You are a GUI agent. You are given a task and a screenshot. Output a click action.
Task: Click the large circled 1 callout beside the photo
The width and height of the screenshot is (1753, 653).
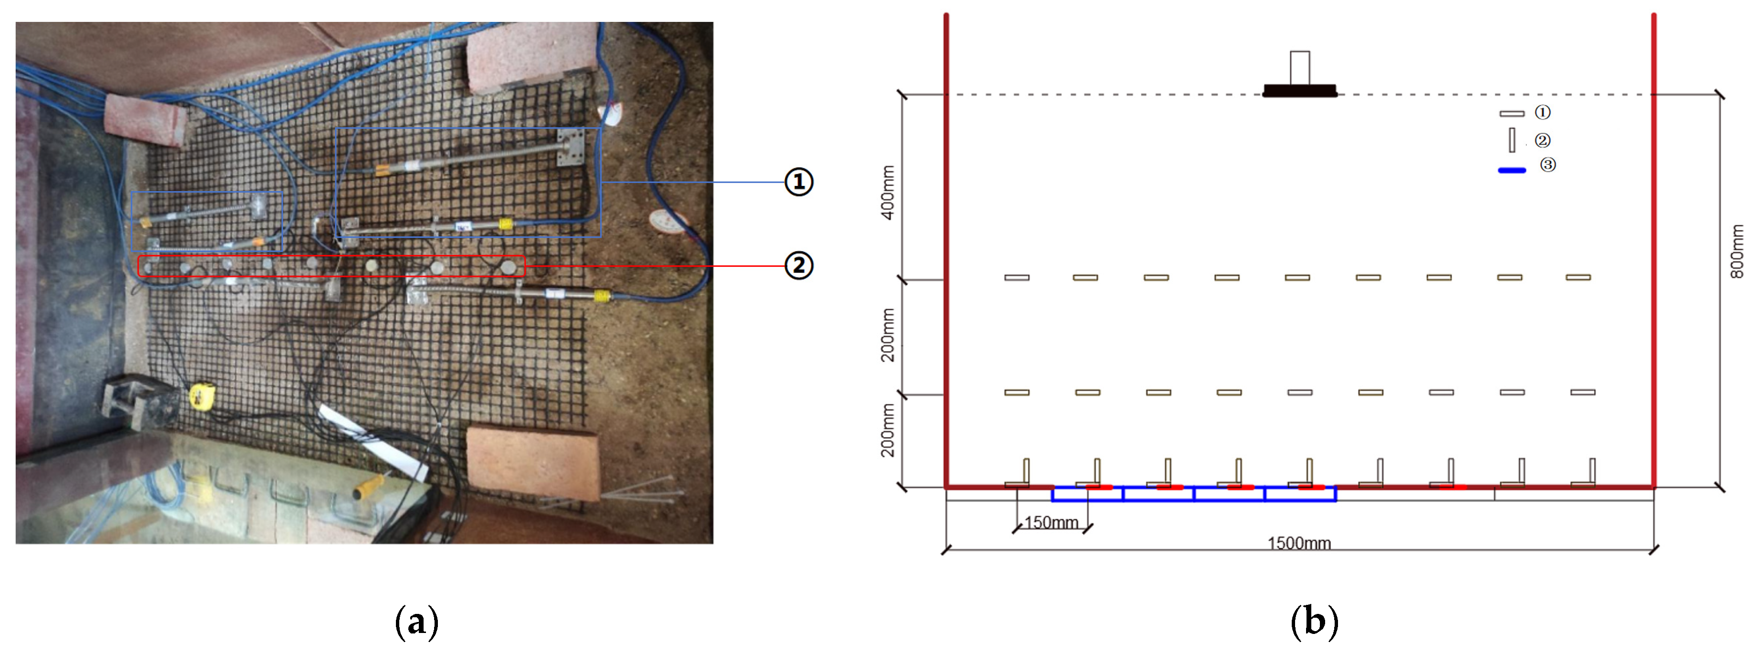pyautogui.click(x=799, y=182)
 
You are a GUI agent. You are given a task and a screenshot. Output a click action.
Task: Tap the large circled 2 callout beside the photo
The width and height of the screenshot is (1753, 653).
pyautogui.click(x=799, y=265)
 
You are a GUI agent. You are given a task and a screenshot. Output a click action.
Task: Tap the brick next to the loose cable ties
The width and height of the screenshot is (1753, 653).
pyautogui.click(x=533, y=461)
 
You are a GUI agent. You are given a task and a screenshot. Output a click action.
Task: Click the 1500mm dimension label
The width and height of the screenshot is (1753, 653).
pyautogui.click(x=1298, y=543)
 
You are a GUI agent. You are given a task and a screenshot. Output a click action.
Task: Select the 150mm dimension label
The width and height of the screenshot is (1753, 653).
pyautogui.click(x=1051, y=522)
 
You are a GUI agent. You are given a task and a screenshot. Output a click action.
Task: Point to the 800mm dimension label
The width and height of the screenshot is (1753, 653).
pyautogui.click(x=1737, y=252)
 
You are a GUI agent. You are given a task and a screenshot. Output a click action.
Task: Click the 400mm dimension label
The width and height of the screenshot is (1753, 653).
pyautogui.click(x=888, y=193)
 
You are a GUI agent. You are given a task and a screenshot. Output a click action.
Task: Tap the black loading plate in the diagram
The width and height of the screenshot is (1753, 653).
pyautogui.click(x=1299, y=91)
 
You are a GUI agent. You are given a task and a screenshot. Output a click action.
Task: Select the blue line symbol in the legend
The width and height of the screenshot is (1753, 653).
pyautogui.click(x=1512, y=170)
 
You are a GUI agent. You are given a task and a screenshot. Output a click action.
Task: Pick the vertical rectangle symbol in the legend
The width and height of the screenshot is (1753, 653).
pyautogui.click(x=1512, y=140)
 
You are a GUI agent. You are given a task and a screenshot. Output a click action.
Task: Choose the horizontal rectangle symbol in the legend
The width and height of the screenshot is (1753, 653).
pyautogui.click(x=1512, y=113)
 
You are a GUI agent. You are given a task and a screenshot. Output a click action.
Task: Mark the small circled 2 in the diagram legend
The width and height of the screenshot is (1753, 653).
pyautogui.click(x=1542, y=140)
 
